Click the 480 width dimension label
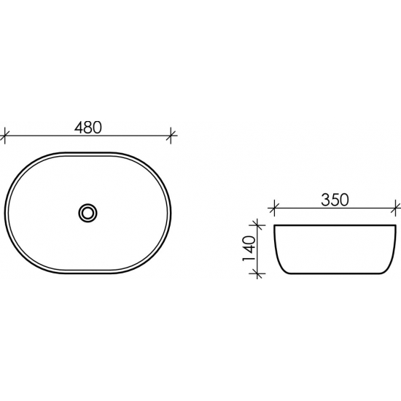(x=88, y=126)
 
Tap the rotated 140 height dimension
(x=248, y=249)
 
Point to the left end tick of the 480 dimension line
(x=6, y=135)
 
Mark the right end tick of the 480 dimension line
(x=172, y=135)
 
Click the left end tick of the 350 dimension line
(x=274, y=208)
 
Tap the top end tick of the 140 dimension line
(x=256, y=225)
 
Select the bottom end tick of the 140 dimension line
(x=256, y=273)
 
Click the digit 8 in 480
(x=88, y=126)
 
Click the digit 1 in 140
(x=248, y=260)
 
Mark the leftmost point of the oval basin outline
(x=5, y=213)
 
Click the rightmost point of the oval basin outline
(x=173, y=213)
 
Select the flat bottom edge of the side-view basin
(x=334, y=273)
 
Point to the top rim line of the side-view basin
(x=334, y=226)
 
